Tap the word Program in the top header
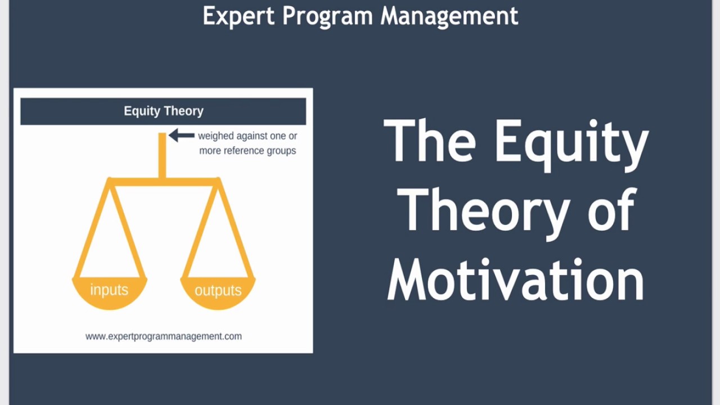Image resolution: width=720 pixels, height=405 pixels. (x=327, y=16)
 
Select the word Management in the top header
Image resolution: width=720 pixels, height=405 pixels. (x=449, y=16)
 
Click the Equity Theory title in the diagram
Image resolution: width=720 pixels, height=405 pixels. (x=164, y=111)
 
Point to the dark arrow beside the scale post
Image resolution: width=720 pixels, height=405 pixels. (x=181, y=135)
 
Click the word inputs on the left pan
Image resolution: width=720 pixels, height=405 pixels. (x=109, y=290)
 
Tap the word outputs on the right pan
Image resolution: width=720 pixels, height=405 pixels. (x=218, y=290)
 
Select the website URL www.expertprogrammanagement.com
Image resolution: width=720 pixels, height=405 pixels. (x=164, y=336)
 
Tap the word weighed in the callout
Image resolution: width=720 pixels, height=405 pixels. (x=216, y=136)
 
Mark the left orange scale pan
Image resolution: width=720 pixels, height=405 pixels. (x=110, y=292)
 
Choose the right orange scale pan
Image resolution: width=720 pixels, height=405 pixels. (x=218, y=292)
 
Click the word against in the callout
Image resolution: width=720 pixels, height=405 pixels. (x=252, y=136)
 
